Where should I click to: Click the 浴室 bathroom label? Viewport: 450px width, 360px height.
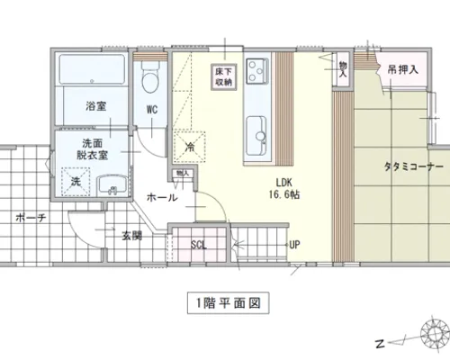tap(96, 106)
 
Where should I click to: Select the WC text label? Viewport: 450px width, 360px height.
tap(152, 110)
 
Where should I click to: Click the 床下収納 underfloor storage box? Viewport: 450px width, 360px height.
tap(224, 77)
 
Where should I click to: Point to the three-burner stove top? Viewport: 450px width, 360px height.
tap(257, 71)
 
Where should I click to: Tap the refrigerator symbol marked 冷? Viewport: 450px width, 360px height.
tap(189, 147)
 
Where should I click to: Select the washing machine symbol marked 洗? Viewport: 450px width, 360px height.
tap(76, 182)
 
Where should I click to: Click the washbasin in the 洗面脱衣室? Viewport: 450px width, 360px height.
tap(112, 186)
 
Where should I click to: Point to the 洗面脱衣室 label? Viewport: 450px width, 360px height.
tap(93, 149)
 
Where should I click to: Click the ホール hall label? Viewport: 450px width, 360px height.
tap(162, 198)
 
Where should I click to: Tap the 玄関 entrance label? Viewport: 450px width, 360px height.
tap(132, 236)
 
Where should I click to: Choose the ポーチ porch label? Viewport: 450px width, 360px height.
tap(31, 218)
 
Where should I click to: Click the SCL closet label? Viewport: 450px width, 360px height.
tap(199, 245)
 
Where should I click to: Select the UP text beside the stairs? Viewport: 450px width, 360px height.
tap(294, 245)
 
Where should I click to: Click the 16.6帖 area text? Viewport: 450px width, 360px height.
tap(284, 194)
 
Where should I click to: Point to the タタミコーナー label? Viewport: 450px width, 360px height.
tap(414, 166)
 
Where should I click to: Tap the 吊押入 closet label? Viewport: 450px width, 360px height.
tap(403, 70)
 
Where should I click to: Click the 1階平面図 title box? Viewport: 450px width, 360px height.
tap(229, 303)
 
